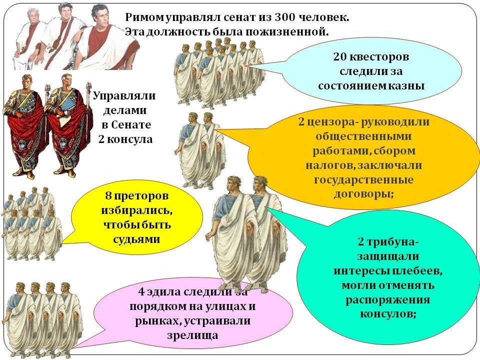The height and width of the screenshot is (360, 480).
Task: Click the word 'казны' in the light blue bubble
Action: pyautogui.click(x=408, y=85)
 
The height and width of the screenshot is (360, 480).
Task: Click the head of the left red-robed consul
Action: pyautogui.click(x=26, y=83)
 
